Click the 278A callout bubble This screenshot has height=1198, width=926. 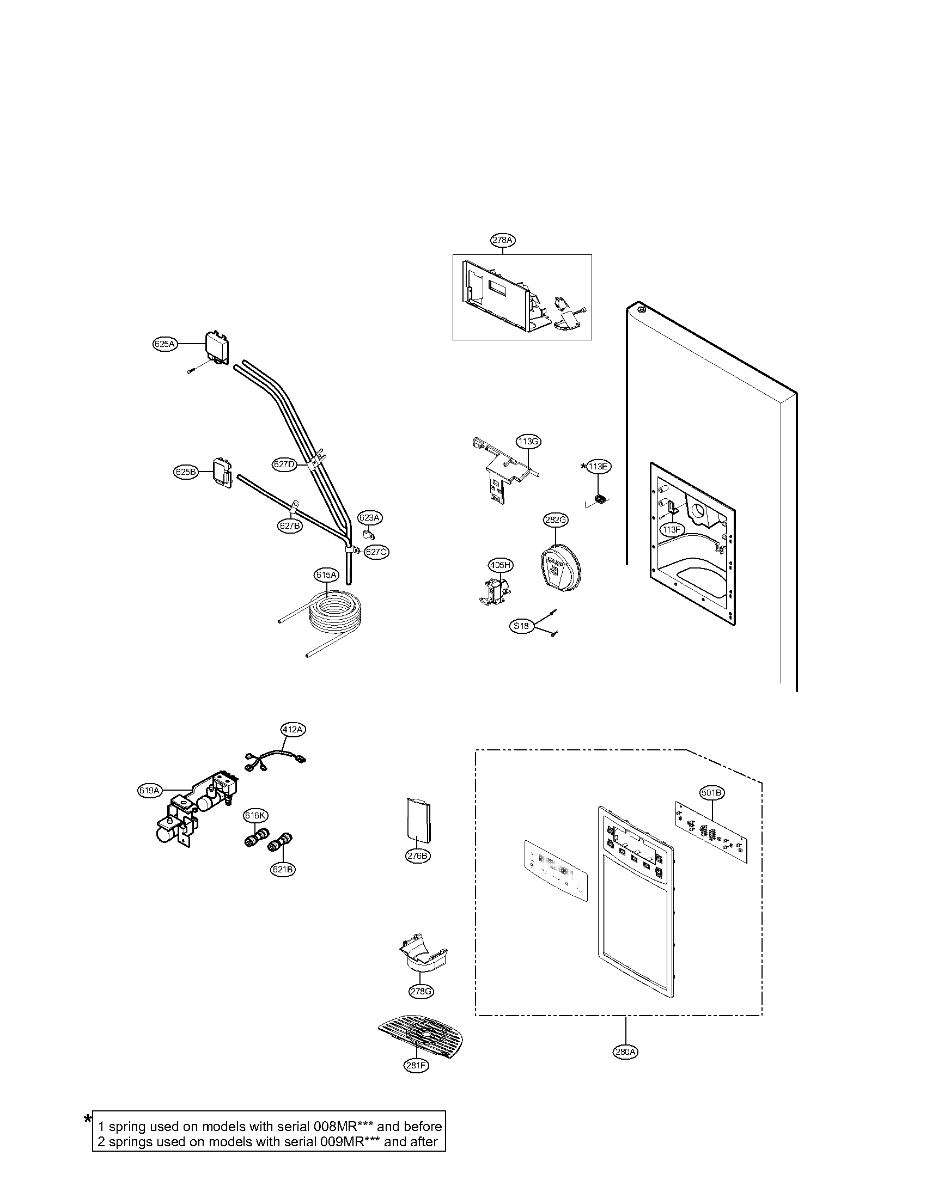coord(503,240)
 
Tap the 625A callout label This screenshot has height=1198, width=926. coord(165,344)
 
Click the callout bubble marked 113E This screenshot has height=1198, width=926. coord(598,467)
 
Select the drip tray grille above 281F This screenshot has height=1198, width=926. coord(421,1035)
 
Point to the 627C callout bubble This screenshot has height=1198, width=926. coord(376,552)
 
